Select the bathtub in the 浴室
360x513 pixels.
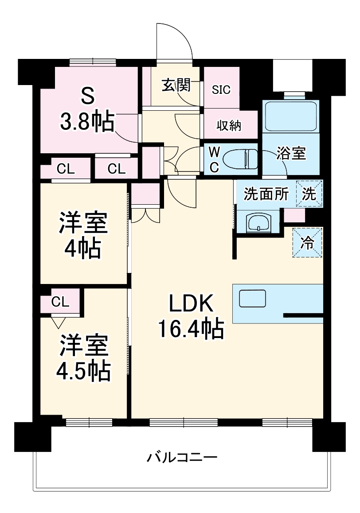click(x=290, y=116)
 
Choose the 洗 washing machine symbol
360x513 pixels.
click(x=309, y=194)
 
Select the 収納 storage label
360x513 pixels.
click(x=228, y=126)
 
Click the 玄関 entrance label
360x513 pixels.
click(x=176, y=84)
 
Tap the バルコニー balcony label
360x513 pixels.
click(x=182, y=457)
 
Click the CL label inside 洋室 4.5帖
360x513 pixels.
click(x=60, y=302)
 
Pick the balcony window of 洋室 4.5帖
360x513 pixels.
click(x=88, y=422)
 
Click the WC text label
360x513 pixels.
click(x=214, y=160)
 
